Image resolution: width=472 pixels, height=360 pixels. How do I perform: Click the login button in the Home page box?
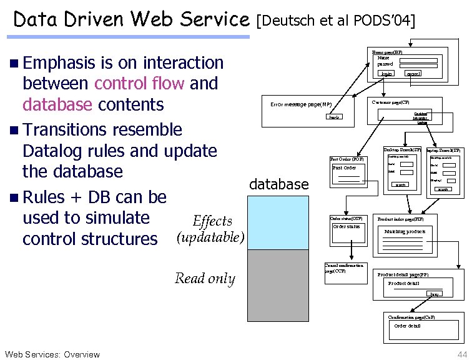[x=386, y=74]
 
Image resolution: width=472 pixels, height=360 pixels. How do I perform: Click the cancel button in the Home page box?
[x=412, y=74]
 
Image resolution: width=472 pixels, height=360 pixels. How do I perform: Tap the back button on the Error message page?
[x=336, y=117]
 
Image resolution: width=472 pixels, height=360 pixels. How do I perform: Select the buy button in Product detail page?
[x=433, y=294]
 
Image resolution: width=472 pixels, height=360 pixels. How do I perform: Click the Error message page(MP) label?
[x=300, y=104]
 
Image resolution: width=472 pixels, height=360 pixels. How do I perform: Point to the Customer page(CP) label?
[x=391, y=101]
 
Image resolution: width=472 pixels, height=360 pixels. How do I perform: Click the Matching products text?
[x=405, y=231]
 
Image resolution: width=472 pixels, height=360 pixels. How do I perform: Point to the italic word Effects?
[x=212, y=221]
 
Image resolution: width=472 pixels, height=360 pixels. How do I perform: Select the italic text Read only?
[x=205, y=279]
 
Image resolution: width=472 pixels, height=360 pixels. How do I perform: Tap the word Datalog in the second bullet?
[x=53, y=151]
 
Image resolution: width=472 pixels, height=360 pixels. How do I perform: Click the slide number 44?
[x=461, y=354]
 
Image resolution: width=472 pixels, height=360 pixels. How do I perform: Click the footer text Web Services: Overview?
[x=52, y=354]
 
